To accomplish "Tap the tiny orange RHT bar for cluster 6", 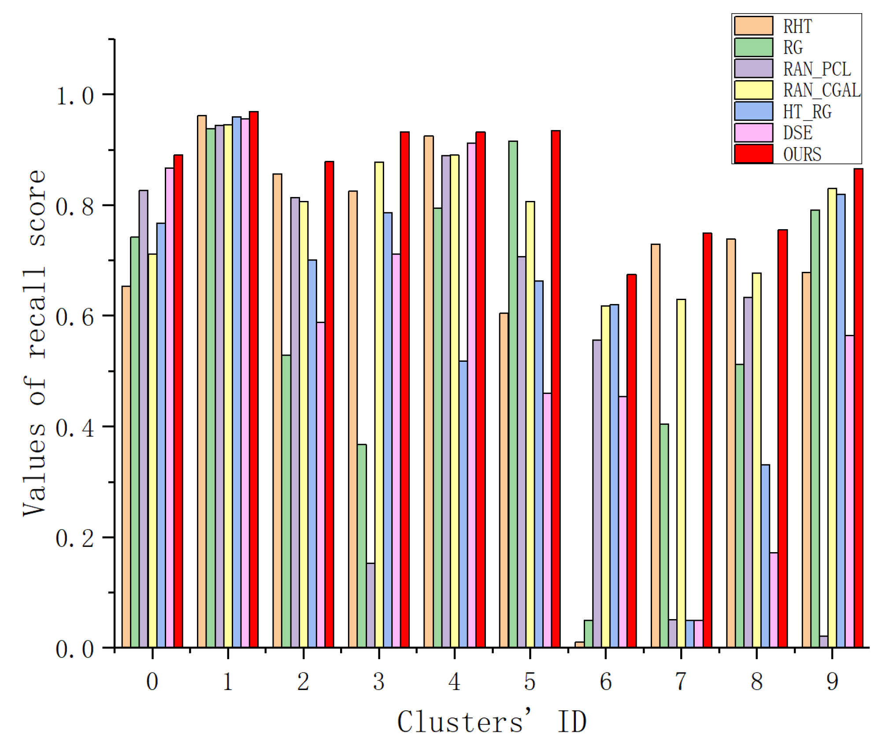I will pyautogui.click(x=579, y=645).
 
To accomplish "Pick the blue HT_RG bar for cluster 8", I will pyautogui.click(x=765, y=556).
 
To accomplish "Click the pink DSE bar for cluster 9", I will pyautogui.click(x=849, y=491).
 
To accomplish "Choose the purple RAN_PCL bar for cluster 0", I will pyautogui.click(x=143, y=419).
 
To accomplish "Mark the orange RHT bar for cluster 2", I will pyautogui.click(x=277, y=410).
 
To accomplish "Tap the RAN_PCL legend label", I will pyautogui.click(x=817, y=69).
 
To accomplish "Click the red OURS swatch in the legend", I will pyautogui.click(x=753, y=154).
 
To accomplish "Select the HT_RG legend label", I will pyautogui.click(x=807, y=112).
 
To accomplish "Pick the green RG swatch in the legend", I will pyautogui.click(x=753, y=48).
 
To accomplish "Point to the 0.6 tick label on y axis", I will pyautogui.click(x=75, y=317).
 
